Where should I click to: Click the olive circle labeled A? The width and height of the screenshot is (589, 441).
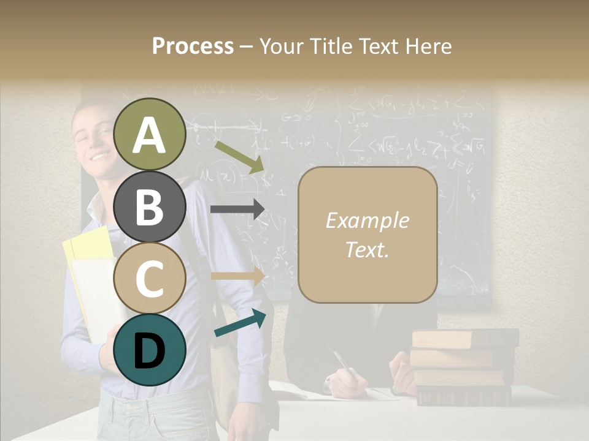(x=150, y=134)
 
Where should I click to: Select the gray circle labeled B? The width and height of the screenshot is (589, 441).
(x=150, y=206)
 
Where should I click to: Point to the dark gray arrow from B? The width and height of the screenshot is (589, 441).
(x=237, y=209)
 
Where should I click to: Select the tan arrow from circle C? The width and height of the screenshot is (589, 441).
(x=237, y=276)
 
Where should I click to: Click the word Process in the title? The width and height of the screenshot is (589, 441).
(x=193, y=46)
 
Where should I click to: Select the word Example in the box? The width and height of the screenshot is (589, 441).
(x=367, y=221)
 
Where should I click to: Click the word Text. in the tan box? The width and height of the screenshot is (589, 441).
(x=367, y=249)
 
